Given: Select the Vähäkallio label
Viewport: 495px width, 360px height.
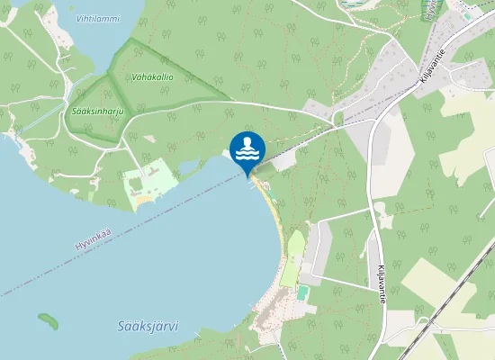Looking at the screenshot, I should click(x=151, y=77).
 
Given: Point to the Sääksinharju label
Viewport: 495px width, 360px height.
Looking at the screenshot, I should click(x=97, y=111).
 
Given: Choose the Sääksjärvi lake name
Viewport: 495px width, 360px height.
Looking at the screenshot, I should click(x=148, y=327).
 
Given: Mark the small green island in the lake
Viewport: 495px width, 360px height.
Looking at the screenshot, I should click(x=48, y=319).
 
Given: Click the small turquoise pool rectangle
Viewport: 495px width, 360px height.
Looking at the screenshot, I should click(x=302, y=293).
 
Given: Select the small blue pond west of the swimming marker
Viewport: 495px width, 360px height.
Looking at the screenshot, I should click(x=188, y=166).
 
